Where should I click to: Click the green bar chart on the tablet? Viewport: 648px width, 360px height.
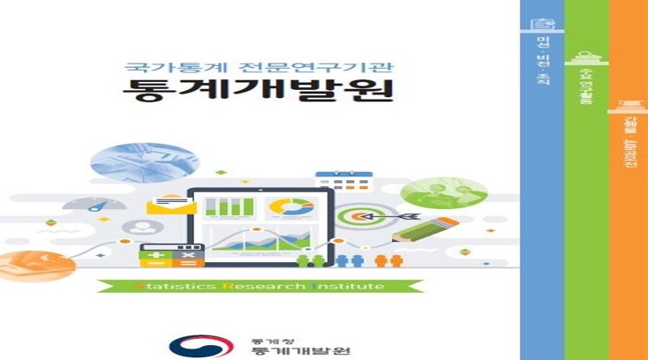(x=229, y=208)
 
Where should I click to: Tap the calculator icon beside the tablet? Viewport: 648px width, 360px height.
(x=171, y=255)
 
